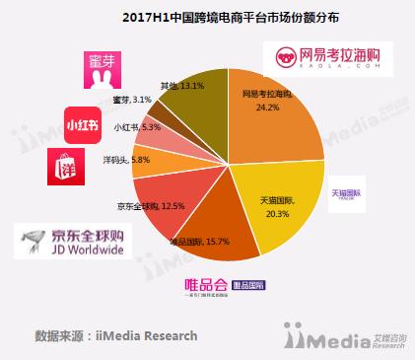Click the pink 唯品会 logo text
[207, 285]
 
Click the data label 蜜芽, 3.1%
[137, 100]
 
